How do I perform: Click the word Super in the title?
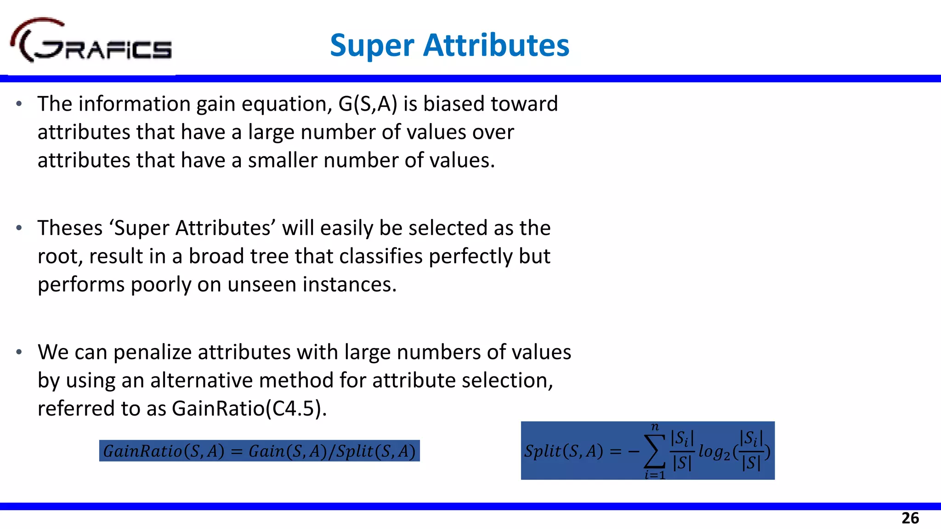click(x=372, y=45)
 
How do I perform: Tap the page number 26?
click(x=910, y=518)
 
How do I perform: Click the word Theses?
click(x=70, y=228)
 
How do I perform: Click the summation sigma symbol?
click(x=655, y=451)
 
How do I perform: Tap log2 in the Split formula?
click(x=714, y=452)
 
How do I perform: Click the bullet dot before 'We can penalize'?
click(x=19, y=352)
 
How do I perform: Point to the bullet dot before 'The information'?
click(x=19, y=104)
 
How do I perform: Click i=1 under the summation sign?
click(x=655, y=475)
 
